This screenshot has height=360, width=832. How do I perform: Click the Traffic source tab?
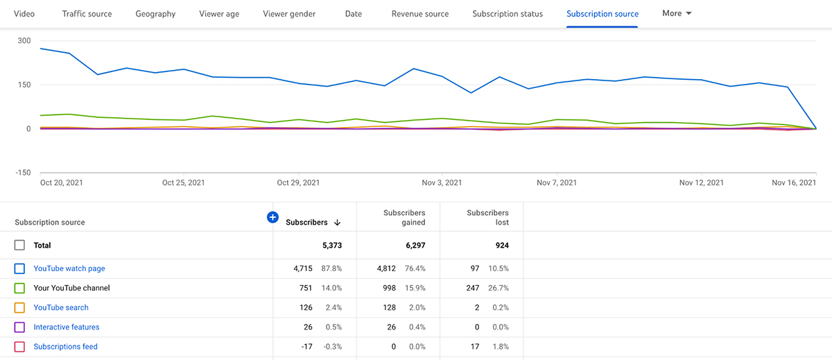click(x=87, y=14)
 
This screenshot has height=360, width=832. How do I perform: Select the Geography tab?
click(x=155, y=14)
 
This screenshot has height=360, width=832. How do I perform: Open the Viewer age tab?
click(x=219, y=14)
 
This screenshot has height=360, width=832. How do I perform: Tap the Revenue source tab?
click(x=419, y=14)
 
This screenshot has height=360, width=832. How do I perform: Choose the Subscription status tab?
click(x=508, y=14)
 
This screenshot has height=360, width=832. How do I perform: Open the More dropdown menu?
click(x=677, y=14)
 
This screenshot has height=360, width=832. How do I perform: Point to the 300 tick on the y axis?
click(x=24, y=41)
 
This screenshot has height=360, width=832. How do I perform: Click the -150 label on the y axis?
click(x=23, y=173)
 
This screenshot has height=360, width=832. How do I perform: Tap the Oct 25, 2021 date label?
click(x=183, y=183)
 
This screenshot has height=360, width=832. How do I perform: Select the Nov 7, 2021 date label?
click(x=557, y=183)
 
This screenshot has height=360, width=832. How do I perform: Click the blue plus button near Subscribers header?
click(x=272, y=218)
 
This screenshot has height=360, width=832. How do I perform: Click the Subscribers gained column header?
click(x=404, y=218)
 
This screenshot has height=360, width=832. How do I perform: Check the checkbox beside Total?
click(x=19, y=246)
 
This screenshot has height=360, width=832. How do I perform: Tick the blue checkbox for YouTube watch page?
click(x=19, y=268)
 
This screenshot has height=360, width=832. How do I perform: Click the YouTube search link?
click(x=61, y=307)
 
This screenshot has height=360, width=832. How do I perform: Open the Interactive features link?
click(x=67, y=327)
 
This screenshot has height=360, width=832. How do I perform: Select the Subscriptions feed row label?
click(x=65, y=346)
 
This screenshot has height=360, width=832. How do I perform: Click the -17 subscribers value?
click(x=308, y=346)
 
